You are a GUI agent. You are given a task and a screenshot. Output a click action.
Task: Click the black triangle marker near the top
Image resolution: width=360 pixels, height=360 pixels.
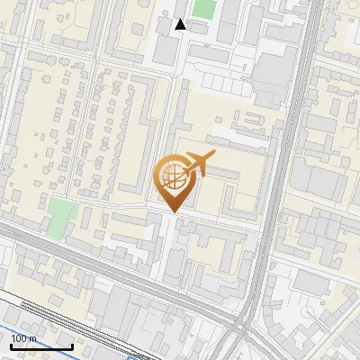[180, 24]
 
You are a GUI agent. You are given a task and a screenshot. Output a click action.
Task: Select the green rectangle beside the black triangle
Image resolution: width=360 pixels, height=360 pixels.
[204, 9]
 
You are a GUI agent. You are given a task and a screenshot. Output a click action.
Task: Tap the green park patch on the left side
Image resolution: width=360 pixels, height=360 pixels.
[61, 215]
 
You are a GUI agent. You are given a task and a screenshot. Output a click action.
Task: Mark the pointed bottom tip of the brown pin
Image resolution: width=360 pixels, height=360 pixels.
[173, 212]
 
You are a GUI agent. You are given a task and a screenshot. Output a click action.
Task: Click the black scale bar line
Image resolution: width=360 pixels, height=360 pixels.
[41, 346]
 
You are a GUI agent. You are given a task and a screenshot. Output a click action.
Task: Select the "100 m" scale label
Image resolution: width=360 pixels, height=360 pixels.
[24, 338]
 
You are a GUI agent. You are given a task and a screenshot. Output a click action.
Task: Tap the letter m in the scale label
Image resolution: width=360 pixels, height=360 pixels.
[33, 338]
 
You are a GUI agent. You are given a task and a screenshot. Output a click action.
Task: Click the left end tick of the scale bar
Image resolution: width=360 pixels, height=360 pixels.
[11, 346]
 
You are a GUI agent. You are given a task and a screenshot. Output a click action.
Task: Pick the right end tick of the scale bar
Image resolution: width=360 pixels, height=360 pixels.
[72, 346]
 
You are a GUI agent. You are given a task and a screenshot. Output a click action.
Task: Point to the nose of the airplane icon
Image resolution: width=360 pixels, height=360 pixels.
[214, 157]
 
